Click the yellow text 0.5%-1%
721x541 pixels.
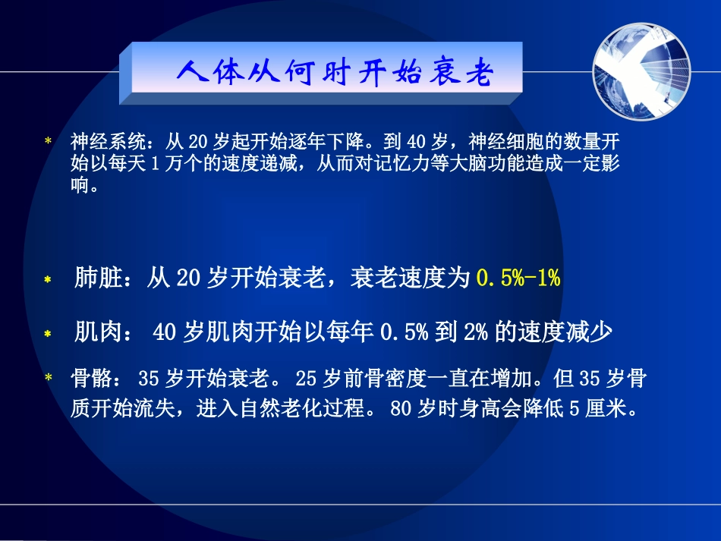point(518,278)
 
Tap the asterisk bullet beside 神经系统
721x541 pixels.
point(49,141)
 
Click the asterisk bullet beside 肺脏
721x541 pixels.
point(47,280)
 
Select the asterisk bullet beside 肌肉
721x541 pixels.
point(47,333)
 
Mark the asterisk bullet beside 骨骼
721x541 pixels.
point(49,378)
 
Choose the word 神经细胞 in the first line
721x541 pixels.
point(499,140)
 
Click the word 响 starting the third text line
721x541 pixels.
point(80,185)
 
